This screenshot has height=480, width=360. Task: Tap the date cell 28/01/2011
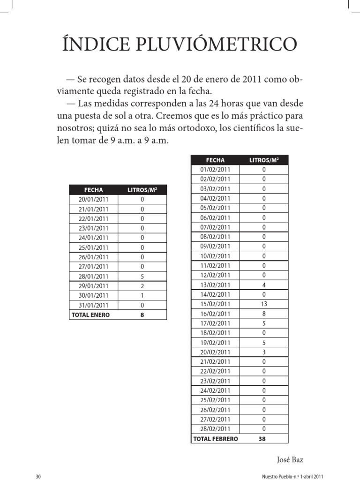[x=93, y=276]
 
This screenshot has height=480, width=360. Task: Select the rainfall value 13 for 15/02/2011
[x=264, y=304]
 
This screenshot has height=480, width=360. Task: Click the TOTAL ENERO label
[x=90, y=315]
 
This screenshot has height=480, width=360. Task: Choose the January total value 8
[x=142, y=315]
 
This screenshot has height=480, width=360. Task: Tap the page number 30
[x=38, y=476]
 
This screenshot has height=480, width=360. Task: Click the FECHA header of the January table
[x=93, y=189]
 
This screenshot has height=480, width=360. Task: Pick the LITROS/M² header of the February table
[x=264, y=160]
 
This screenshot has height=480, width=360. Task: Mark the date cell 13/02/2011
[x=215, y=285]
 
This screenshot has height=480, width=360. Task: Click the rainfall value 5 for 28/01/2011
[x=142, y=276]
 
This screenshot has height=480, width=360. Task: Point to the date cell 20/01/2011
[x=93, y=199]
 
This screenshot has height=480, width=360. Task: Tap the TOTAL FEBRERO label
[x=216, y=439]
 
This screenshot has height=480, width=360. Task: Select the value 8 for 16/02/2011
[x=264, y=314]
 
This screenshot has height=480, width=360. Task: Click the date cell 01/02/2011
[x=215, y=169]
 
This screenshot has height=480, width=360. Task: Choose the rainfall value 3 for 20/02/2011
[x=264, y=352]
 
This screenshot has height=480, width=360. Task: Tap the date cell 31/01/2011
[x=93, y=305]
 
